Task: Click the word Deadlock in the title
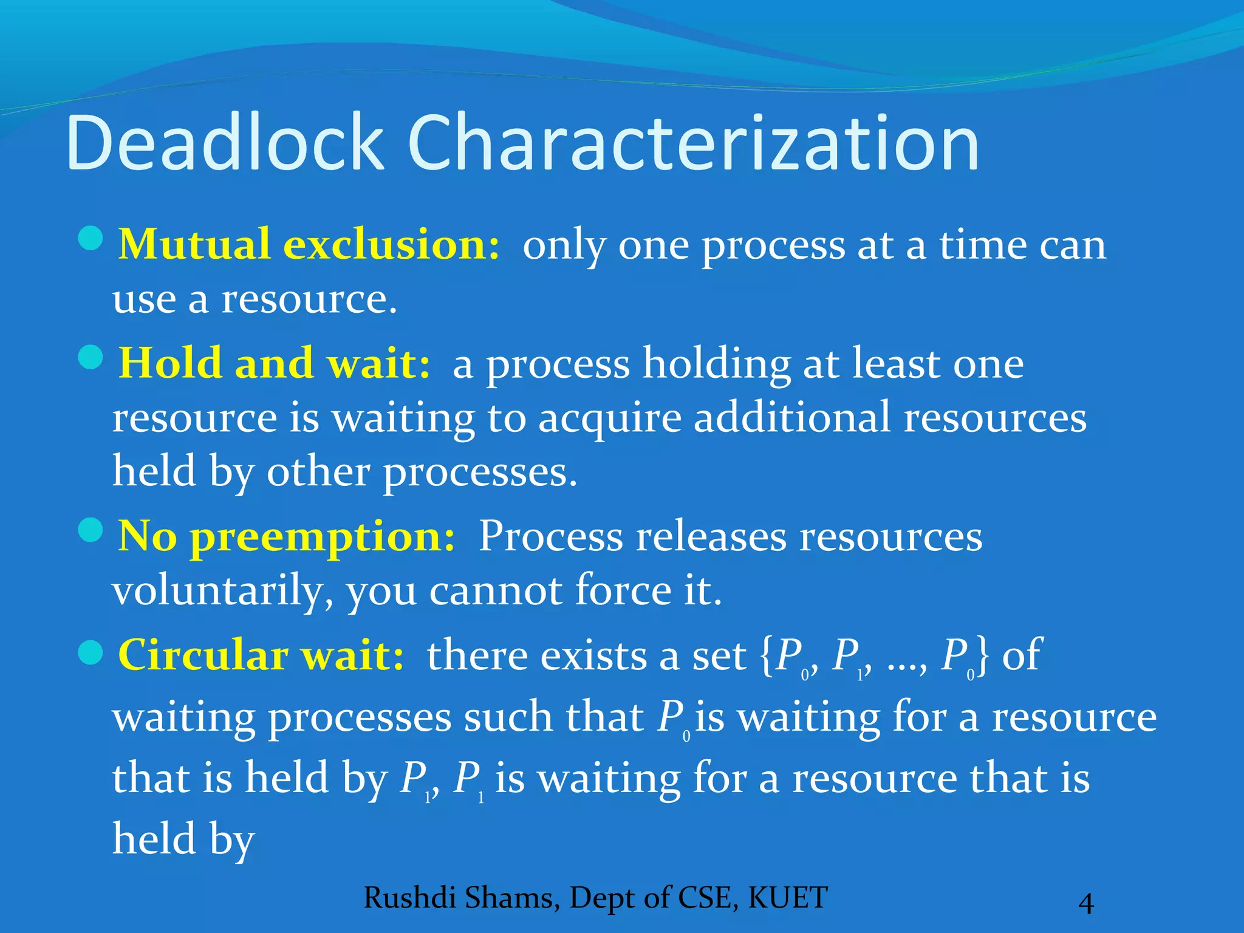pyautogui.click(x=225, y=143)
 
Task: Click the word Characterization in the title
pyautogui.click(x=692, y=143)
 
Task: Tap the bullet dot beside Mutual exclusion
pyautogui.click(x=91, y=238)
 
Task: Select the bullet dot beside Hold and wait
pyautogui.click(x=91, y=357)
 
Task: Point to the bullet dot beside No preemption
pyautogui.click(x=91, y=530)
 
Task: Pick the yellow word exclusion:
pyautogui.click(x=392, y=245)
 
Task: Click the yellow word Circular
pyautogui.click(x=203, y=656)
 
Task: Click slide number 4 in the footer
pyautogui.click(x=1085, y=903)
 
